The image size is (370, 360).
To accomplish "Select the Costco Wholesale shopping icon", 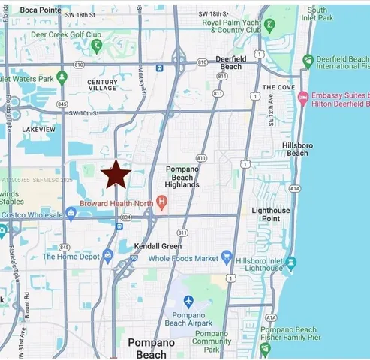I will [71, 212].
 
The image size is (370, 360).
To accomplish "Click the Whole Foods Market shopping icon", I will [227, 257].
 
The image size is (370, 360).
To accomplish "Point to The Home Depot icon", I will [107, 256].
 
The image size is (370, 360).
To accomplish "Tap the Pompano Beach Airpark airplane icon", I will [188, 301].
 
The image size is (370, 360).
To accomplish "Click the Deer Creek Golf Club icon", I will [98, 46].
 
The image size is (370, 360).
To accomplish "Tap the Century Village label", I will [102, 85].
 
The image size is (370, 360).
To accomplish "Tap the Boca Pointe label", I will [40, 10].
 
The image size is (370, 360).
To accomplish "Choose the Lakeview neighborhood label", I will [39, 130].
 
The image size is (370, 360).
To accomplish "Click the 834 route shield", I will [126, 217].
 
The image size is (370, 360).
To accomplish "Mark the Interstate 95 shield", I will [134, 257].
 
